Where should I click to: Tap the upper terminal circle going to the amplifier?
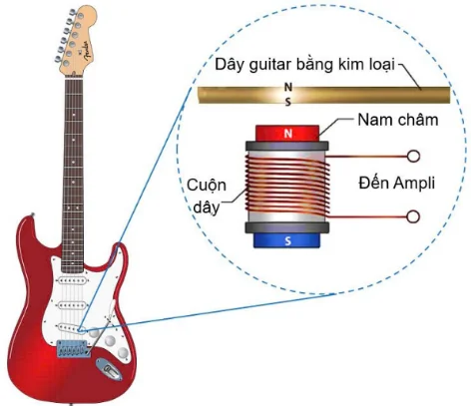[411, 157]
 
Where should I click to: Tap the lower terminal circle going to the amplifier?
[411, 215]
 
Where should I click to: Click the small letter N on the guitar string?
[288, 88]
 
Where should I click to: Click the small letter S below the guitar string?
[288, 102]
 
